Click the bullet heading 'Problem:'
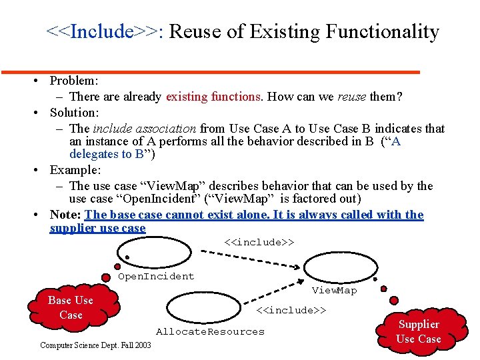[74, 81]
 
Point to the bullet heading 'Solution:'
[74, 113]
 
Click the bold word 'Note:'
[65, 215]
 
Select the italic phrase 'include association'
[144, 129]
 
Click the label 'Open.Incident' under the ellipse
[156, 276]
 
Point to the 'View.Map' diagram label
[334, 290]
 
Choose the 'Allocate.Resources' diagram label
[210, 331]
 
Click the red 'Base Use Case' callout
[71, 307]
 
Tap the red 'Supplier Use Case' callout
[418, 331]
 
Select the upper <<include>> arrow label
[259, 241]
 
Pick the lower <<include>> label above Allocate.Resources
[291, 310]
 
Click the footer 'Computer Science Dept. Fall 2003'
[95, 345]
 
